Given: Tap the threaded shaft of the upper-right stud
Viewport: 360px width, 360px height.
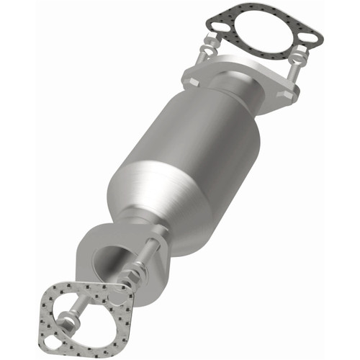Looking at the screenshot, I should (294, 78).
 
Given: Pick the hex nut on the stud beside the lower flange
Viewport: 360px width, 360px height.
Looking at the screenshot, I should (137, 266).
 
